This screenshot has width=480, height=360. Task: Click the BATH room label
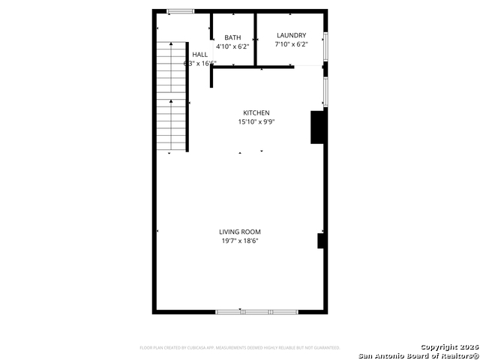point(232,37)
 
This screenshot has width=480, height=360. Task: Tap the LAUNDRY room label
point(291,35)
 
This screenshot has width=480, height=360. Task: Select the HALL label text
point(200,55)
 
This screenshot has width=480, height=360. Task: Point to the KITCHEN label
point(256,113)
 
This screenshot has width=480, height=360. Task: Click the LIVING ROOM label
point(240,232)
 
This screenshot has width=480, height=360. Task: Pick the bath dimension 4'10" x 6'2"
point(232,46)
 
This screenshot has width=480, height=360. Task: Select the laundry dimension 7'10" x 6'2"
point(291,44)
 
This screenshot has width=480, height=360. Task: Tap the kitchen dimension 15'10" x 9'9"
point(256,122)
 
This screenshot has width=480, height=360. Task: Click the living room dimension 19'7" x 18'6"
point(240,241)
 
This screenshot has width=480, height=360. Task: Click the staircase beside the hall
point(171,97)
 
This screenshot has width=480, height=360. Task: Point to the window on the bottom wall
point(256,311)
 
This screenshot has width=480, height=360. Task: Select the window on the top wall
point(180,10)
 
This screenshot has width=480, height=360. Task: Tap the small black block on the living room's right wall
point(321,241)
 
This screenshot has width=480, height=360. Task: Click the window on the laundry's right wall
point(325,45)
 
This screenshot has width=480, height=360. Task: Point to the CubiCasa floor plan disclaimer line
point(240,348)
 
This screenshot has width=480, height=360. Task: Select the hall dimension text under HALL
point(200,64)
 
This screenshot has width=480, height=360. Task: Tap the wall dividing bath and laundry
point(256,37)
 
